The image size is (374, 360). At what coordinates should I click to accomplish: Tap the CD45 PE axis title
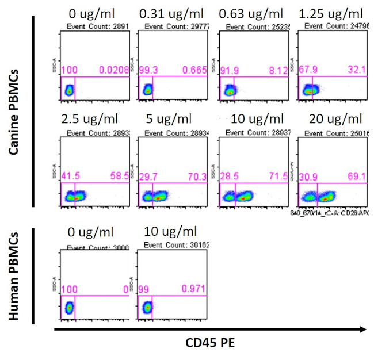[209, 343]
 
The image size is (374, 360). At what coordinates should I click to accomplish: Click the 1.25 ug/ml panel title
[330, 13]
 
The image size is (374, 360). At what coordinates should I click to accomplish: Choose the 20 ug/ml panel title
[330, 120]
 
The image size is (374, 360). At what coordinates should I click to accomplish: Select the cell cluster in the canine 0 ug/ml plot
[69, 90]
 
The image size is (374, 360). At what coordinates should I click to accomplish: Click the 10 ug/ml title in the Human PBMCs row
[170, 232]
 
